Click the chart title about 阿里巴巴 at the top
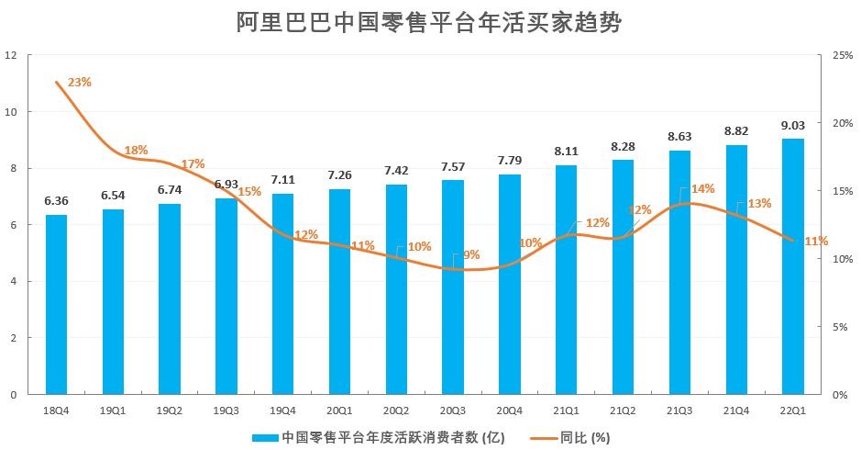(x=429, y=23)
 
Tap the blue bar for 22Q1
(x=793, y=266)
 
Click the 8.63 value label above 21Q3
(x=679, y=136)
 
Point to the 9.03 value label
(x=793, y=125)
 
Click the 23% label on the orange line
(x=80, y=82)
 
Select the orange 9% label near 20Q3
(x=471, y=254)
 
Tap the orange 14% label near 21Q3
(x=702, y=188)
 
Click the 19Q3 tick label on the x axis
(x=226, y=410)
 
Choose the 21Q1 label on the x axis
(x=566, y=410)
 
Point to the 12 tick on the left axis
(x=11, y=55)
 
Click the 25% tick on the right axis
(x=843, y=55)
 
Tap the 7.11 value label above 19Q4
(x=283, y=179)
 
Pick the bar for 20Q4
(x=510, y=285)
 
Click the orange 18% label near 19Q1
(x=136, y=150)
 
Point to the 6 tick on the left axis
(x=11, y=225)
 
